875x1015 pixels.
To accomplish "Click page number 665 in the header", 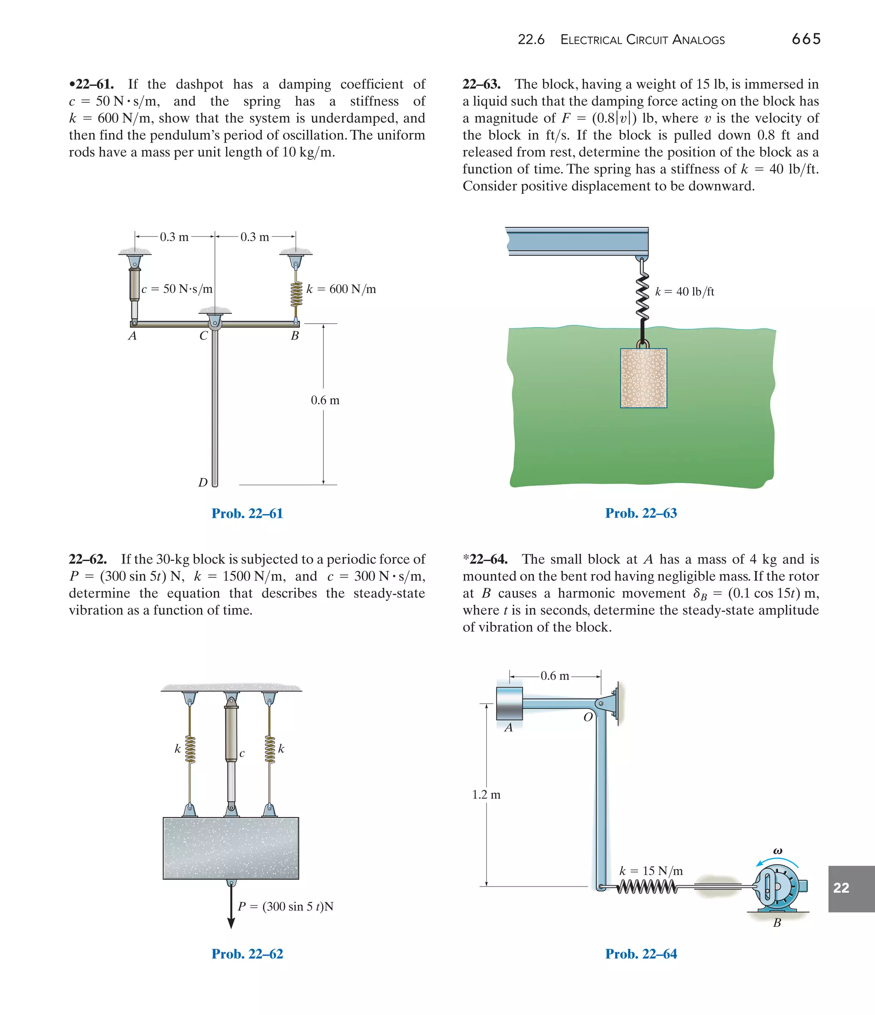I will (806, 39).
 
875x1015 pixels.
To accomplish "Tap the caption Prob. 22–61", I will (247, 513).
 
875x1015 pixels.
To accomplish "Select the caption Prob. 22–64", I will (641, 954).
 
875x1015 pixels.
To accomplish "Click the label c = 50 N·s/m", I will (177, 289).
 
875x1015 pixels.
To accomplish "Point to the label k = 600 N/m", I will (341, 289).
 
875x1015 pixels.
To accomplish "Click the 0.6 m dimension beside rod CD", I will (325, 400).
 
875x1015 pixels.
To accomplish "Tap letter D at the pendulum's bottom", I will (203, 483).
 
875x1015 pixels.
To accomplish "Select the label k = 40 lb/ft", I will (684, 292).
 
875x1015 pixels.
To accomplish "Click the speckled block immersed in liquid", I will (643, 378).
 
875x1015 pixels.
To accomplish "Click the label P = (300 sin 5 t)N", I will (285, 906).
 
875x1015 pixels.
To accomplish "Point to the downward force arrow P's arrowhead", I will (231, 923).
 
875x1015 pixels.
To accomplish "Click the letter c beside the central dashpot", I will (242, 753).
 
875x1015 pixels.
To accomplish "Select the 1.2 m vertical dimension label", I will (486, 795).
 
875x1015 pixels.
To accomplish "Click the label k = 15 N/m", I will (651, 871).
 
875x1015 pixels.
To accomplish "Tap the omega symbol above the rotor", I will (778, 851).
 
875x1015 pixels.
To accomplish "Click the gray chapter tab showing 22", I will (851, 888).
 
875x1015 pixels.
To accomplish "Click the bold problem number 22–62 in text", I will (88, 559).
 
